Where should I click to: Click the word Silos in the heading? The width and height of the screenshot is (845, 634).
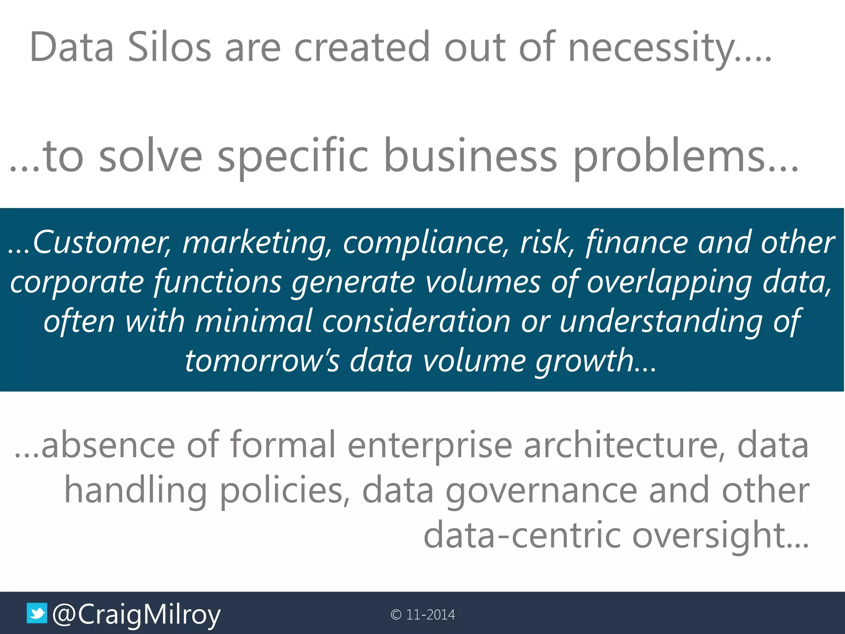tap(169, 48)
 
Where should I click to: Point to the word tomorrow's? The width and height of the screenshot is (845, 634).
tap(262, 361)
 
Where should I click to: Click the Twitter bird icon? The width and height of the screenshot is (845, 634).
tap(37, 613)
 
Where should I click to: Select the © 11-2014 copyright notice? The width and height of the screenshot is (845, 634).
tap(422, 615)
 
